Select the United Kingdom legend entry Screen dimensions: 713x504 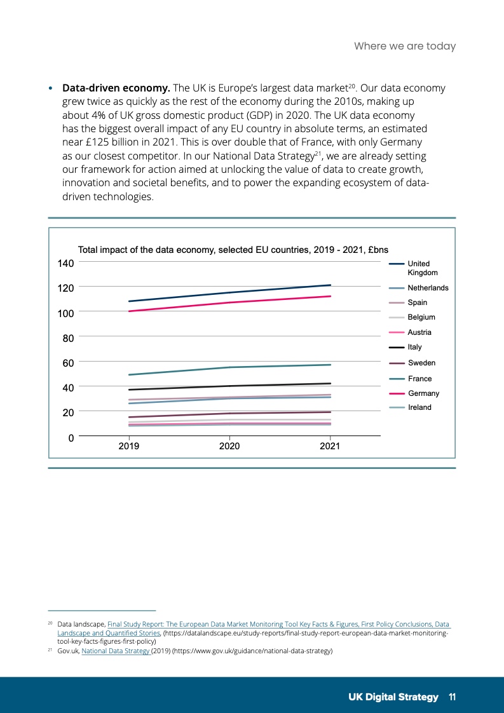coord(418,268)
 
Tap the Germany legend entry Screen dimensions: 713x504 coord(423,393)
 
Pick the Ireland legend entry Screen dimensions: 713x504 coord(419,407)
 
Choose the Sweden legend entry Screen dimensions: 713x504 coord(421,363)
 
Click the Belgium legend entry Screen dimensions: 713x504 coord(421,317)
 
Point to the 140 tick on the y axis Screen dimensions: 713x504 coord(67,263)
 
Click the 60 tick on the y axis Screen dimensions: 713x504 coord(68,362)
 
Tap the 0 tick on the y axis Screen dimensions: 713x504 coord(71,437)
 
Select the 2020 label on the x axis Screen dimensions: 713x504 coord(229,447)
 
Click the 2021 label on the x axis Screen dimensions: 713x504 coord(330,447)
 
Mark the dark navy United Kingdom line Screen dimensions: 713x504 coord(229,292)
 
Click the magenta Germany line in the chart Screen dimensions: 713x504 coord(229,302)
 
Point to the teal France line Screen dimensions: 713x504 coord(229,367)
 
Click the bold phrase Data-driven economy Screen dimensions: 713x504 coord(116,88)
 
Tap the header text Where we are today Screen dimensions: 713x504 coord(405,46)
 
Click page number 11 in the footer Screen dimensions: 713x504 coord(452,697)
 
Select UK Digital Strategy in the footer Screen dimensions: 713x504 coord(393,697)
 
